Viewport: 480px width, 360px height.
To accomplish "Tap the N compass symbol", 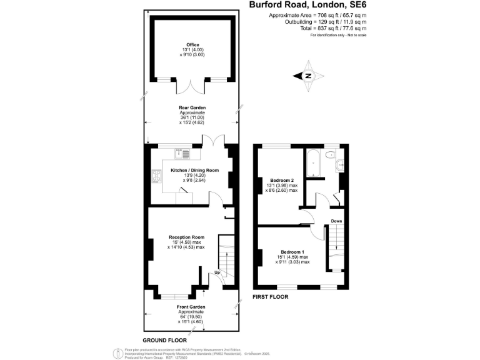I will tap(308, 76).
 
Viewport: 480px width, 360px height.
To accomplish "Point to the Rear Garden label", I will tap(192, 107).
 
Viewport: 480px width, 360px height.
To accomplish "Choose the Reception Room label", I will tap(186, 237).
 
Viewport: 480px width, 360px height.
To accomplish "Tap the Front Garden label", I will tap(192, 307).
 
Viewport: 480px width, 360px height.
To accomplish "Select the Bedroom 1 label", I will tap(292, 251).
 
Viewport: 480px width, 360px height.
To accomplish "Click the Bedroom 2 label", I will tap(276, 181).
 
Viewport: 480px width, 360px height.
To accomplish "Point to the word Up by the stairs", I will tap(217, 272).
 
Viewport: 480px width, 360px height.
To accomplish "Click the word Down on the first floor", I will tap(336, 221).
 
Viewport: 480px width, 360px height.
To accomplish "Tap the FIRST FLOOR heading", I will tap(269, 297).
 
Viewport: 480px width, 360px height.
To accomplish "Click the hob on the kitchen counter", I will tap(154, 177).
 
